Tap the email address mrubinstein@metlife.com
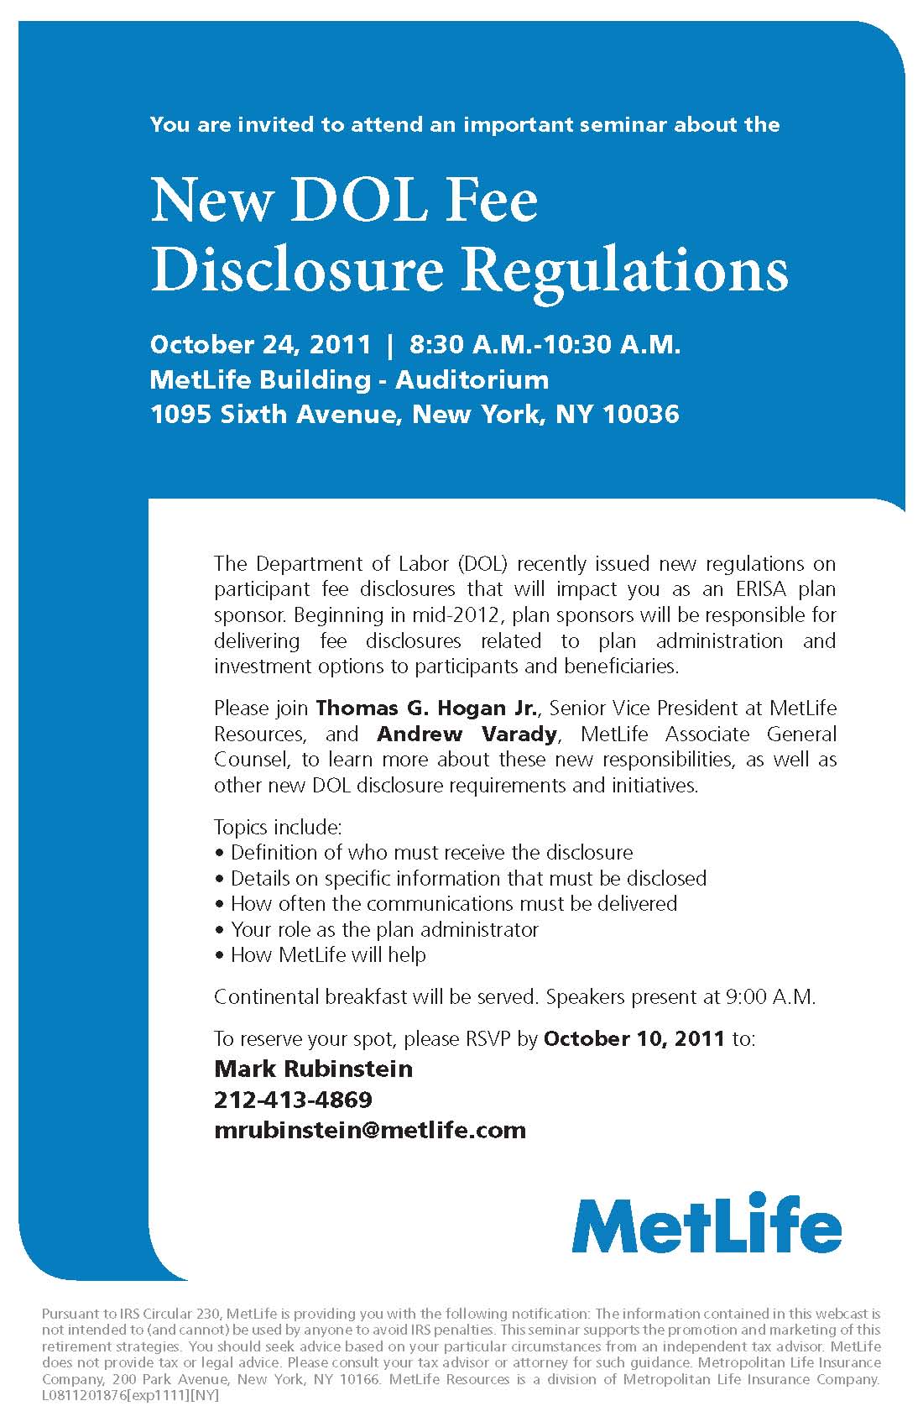click(x=370, y=1130)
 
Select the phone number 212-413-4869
click(x=293, y=1099)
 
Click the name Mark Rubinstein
click(x=314, y=1069)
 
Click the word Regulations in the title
click(x=626, y=270)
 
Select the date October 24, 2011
click(x=260, y=344)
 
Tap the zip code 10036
click(x=641, y=414)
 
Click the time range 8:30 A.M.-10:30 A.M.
click(x=545, y=344)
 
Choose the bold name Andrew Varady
click(x=467, y=734)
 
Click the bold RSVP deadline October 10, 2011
click(x=634, y=1038)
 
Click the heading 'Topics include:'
click(x=278, y=827)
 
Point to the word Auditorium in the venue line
click(x=472, y=379)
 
